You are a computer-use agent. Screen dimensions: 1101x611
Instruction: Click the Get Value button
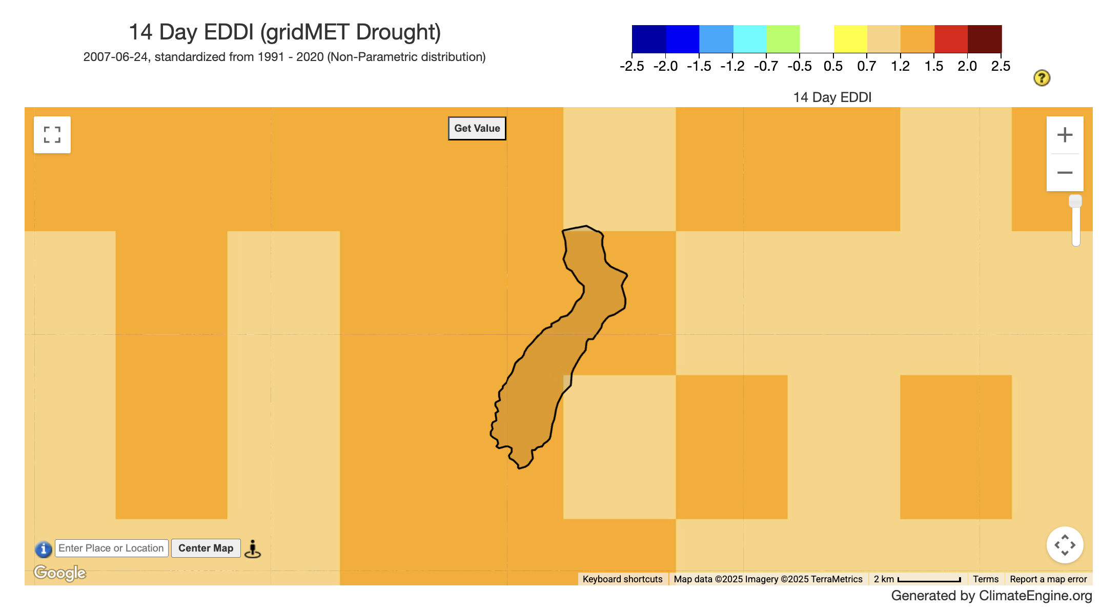(x=477, y=128)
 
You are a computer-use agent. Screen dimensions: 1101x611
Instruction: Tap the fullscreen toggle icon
(x=52, y=135)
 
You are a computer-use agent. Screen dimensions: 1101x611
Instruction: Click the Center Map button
(x=206, y=548)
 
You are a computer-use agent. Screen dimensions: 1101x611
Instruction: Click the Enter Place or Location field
(x=111, y=548)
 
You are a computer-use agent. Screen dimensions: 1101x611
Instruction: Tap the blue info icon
(x=44, y=549)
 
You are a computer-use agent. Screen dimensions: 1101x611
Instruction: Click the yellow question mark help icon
(x=1042, y=78)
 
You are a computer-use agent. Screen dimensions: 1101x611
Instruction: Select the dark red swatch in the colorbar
(x=984, y=38)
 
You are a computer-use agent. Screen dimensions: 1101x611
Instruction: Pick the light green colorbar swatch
(x=783, y=38)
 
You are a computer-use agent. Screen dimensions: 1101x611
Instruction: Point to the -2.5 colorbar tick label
(x=631, y=66)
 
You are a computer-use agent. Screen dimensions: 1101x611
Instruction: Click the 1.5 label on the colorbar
(x=933, y=66)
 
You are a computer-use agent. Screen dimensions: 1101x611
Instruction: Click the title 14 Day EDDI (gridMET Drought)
(x=284, y=32)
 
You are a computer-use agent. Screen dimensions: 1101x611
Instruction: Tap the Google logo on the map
(x=60, y=573)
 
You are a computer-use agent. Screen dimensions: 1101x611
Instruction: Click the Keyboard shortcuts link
(x=622, y=579)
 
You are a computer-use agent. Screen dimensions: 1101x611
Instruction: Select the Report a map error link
(x=1048, y=579)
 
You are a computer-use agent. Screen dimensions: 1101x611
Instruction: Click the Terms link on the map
(x=985, y=579)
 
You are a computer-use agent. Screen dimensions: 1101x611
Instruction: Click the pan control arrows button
(x=1065, y=545)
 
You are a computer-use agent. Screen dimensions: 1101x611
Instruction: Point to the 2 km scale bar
(x=917, y=579)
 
